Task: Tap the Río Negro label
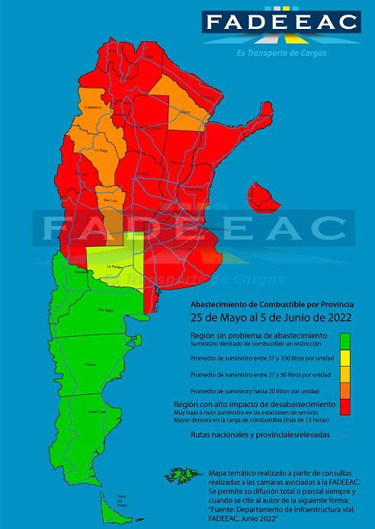pyautogui.click(x=104, y=310)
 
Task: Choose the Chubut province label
pyautogui.click(x=90, y=364)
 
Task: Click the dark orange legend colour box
pyautogui.click(x=345, y=390)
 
